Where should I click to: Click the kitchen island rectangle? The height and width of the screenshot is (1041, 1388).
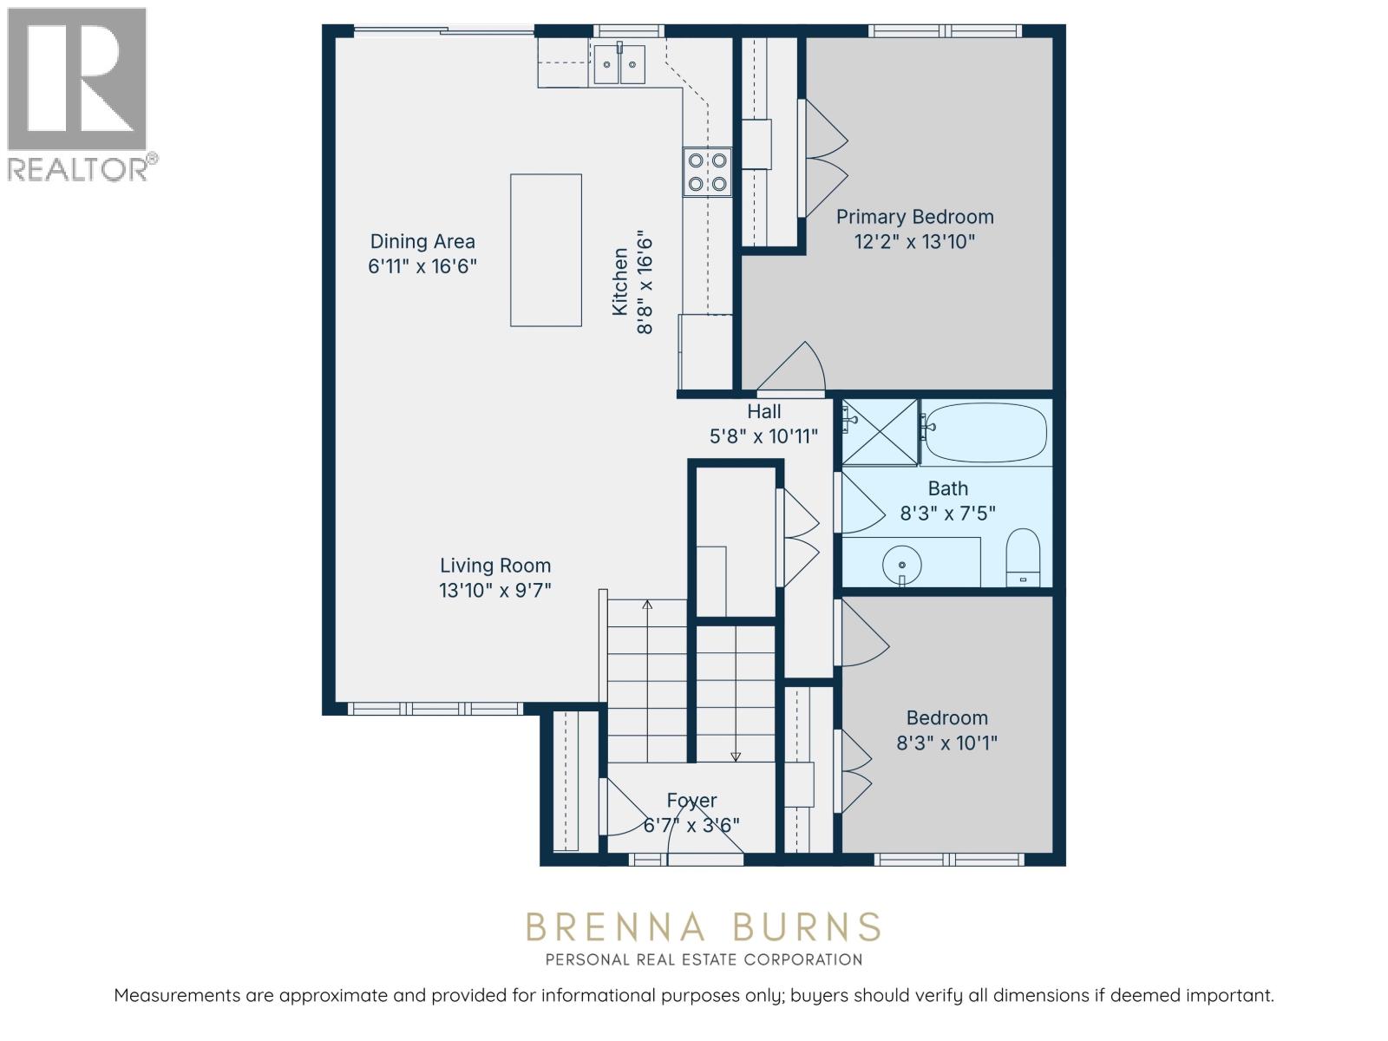[546, 250]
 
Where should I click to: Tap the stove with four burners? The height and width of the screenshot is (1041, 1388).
[707, 172]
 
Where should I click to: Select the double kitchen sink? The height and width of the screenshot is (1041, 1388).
[619, 64]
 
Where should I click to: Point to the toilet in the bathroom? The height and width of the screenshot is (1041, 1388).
[1024, 558]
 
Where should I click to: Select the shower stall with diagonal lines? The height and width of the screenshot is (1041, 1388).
[880, 431]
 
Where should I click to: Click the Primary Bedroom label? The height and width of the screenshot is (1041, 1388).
[914, 217]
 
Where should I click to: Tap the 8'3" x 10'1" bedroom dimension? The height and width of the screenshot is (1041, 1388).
[946, 743]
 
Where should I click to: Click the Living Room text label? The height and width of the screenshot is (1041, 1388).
[495, 566]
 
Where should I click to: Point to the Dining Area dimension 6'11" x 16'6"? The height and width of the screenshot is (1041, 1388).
[422, 266]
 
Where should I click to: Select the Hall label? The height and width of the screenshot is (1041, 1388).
[763, 412]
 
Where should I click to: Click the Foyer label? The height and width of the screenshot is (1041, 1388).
[691, 800]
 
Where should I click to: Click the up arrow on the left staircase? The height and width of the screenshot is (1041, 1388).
[647, 605]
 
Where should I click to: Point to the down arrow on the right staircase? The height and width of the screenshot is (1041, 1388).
[736, 756]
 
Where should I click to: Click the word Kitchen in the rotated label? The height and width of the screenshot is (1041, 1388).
[619, 282]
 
